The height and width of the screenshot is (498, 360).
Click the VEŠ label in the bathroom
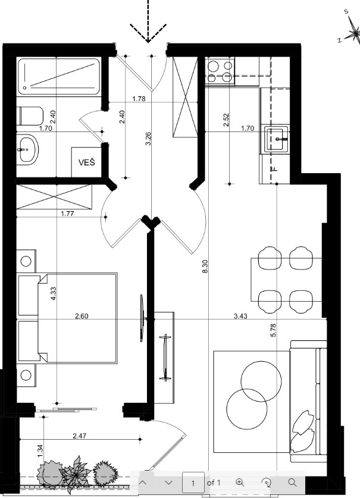[x=87, y=162]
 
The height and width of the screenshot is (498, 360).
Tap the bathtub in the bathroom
[x=59, y=76]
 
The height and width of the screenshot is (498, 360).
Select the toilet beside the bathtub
[x=31, y=117]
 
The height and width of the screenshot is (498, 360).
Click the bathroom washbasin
[x=27, y=149]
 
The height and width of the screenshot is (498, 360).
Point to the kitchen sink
[x=277, y=139]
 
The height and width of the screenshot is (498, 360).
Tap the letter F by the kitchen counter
[x=275, y=168]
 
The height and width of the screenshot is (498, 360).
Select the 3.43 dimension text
[x=240, y=316]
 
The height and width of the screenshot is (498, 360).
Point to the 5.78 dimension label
[x=274, y=330]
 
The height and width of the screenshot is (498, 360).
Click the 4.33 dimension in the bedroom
[x=53, y=294]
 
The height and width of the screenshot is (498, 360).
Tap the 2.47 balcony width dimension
[x=79, y=436]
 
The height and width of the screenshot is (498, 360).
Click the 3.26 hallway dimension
[x=148, y=139]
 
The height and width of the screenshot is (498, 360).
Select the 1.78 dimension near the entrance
[x=139, y=99]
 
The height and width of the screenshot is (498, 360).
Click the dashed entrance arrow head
[x=148, y=33]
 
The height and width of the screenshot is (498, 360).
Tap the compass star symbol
[x=353, y=33]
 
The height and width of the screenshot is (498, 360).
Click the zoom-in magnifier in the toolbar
[x=240, y=483]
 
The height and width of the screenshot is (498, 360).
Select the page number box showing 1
[x=193, y=483]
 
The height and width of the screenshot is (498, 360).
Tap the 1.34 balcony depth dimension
[x=40, y=451]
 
